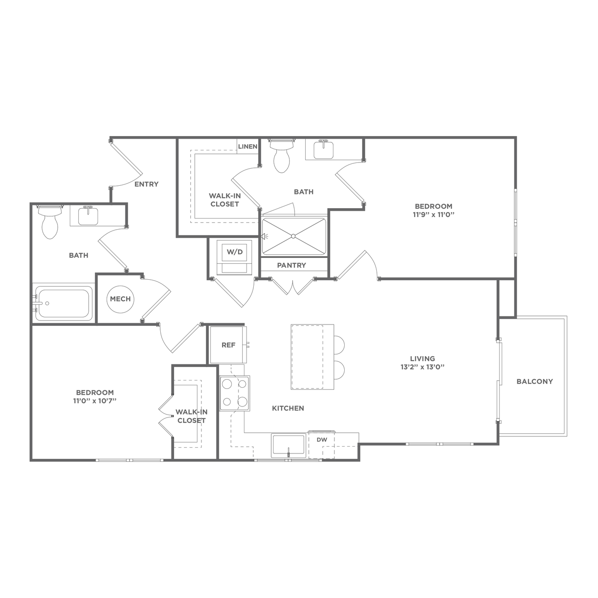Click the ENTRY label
tap(146, 184)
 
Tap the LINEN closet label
tap(248, 146)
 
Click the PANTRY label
tap(291, 265)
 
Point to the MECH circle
tap(120, 299)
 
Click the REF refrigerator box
tap(228, 345)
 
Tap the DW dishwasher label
tap(322, 440)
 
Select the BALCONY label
tap(535, 381)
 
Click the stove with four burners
tap(235, 393)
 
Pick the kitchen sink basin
tap(288, 446)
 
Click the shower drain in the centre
tap(293, 236)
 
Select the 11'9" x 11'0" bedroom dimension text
tap(434, 215)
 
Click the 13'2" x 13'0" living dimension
tap(423, 367)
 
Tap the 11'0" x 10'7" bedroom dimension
tap(94, 401)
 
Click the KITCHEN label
tap(288, 408)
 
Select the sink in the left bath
tap(88, 215)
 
